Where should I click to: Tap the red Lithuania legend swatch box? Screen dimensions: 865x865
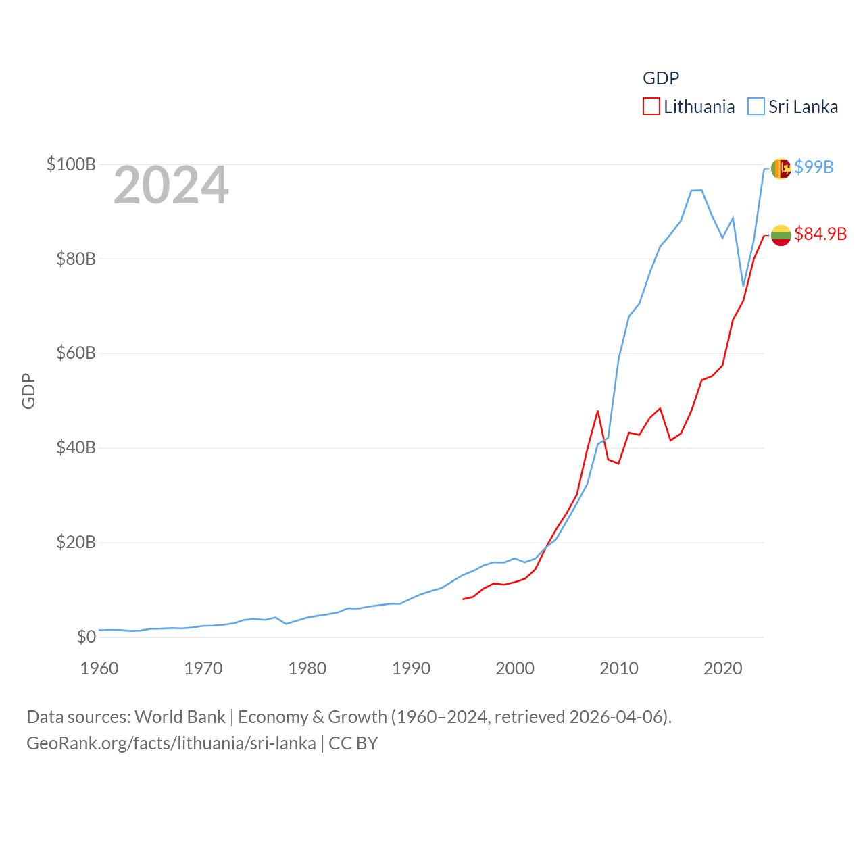pyautogui.click(x=651, y=107)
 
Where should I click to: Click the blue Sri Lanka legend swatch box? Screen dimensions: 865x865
pyautogui.click(x=756, y=107)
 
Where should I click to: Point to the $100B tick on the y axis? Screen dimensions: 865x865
pyautogui.click(x=71, y=164)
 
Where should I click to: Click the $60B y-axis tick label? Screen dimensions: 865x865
pyautogui.click(x=76, y=353)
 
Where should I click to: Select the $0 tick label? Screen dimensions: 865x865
pyautogui.click(x=86, y=637)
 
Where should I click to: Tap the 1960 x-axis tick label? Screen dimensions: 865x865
pyautogui.click(x=99, y=668)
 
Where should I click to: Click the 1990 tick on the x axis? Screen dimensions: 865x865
pyautogui.click(x=411, y=668)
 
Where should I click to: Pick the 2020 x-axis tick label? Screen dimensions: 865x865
pyautogui.click(x=722, y=668)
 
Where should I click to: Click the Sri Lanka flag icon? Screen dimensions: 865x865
pyautogui.click(x=781, y=168)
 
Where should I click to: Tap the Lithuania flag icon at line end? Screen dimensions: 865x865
pyautogui.click(x=781, y=235)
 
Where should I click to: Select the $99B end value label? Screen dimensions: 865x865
pyautogui.click(x=814, y=167)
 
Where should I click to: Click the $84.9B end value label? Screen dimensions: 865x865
pyautogui.click(x=820, y=234)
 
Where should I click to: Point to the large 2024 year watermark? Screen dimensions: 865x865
pyautogui.click(x=171, y=185)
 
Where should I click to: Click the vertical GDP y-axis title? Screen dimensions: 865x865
pyautogui.click(x=28, y=391)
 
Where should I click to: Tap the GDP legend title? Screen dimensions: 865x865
pyautogui.click(x=660, y=78)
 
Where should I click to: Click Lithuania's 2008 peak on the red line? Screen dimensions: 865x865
pyautogui.click(x=597, y=411)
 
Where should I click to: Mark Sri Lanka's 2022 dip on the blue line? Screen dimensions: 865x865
pyautogui.click(x=743, y=286)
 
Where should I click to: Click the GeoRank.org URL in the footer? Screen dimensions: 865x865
pyautogui.click(x=171, y=743)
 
